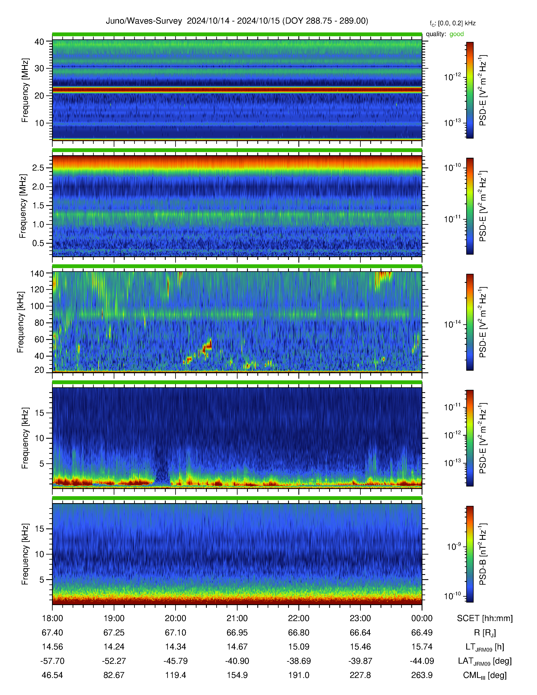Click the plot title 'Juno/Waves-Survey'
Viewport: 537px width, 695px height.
click(144, 21)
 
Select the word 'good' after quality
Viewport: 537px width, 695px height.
click(457, 34)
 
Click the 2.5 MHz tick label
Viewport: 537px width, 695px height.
click(38, 168)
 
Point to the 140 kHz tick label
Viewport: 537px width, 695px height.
click(37, 273)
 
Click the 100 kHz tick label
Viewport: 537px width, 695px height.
click(37, 306)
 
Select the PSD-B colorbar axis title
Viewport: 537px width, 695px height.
click(483, 554)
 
